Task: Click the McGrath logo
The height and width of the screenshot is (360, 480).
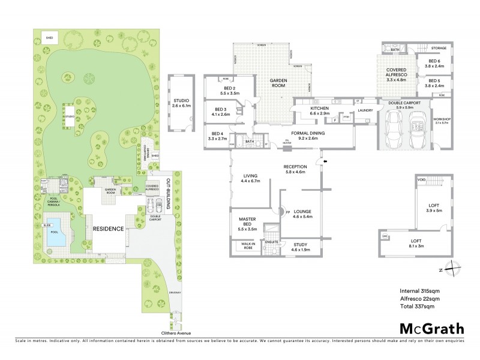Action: [431, 328]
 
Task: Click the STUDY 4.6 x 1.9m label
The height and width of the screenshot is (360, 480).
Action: [301, 246]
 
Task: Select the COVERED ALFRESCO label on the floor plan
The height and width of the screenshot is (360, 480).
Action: [397, 74]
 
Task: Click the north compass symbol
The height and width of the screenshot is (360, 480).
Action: [454, 269]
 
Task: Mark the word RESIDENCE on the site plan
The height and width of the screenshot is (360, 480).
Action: [108, 229]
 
